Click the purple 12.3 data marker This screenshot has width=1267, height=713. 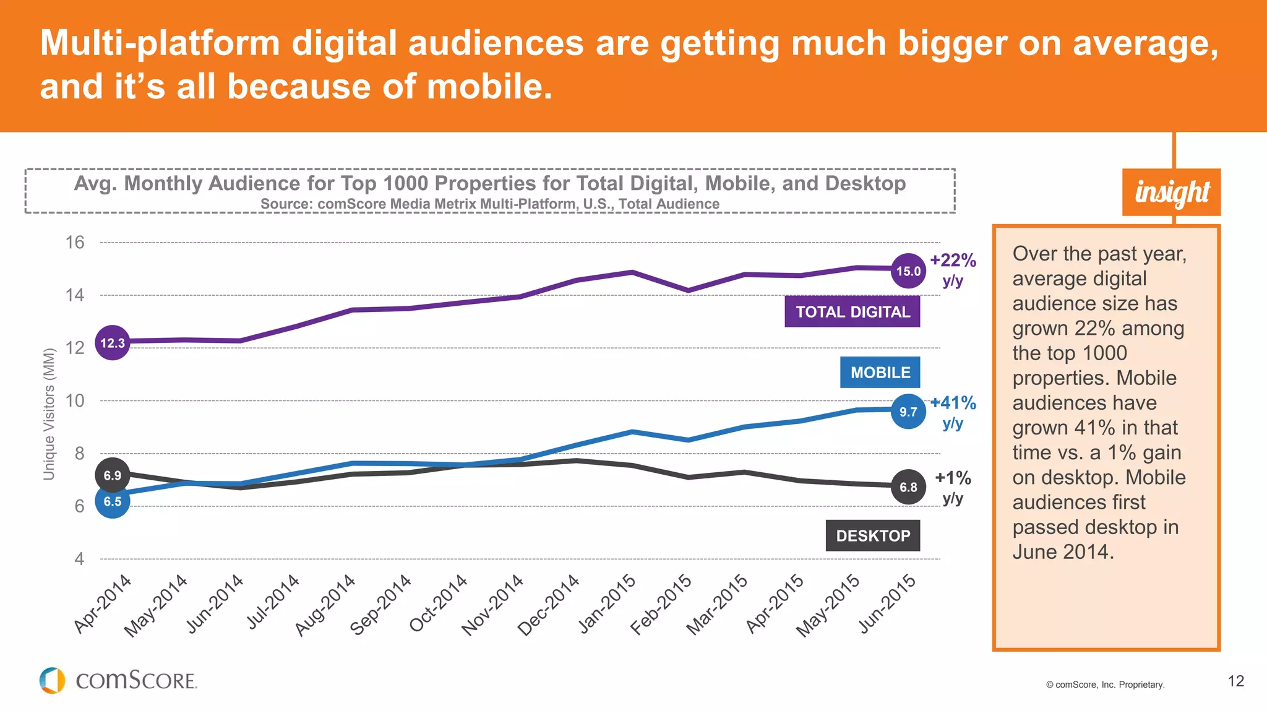(113, 343)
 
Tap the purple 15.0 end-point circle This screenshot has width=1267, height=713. (908, 271)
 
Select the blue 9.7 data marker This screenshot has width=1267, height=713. (908, 412)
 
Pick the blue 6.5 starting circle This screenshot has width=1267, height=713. (113, 501)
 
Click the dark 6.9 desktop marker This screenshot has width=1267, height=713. (113, 475)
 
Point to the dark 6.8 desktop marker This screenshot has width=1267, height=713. (908, 487)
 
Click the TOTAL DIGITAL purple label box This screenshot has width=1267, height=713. (852, 312)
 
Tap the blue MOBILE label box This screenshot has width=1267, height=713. (880, 373)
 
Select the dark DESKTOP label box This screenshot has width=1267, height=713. (872, 536)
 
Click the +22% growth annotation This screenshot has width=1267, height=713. (953, 261)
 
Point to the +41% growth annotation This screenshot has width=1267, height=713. (953, 404)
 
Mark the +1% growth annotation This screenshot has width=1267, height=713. (953, 478)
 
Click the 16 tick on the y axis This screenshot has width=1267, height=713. (75, 243)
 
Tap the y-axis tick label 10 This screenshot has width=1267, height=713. (75, 401)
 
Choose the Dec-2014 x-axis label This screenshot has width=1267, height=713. (549, 605)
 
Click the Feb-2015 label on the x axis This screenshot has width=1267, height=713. (661, 605)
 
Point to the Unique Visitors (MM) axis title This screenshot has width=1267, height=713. (49, 414)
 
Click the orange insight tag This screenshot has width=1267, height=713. (1171, 192)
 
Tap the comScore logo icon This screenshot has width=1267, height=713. (53, 681)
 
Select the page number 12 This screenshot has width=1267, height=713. (1235, 681)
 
